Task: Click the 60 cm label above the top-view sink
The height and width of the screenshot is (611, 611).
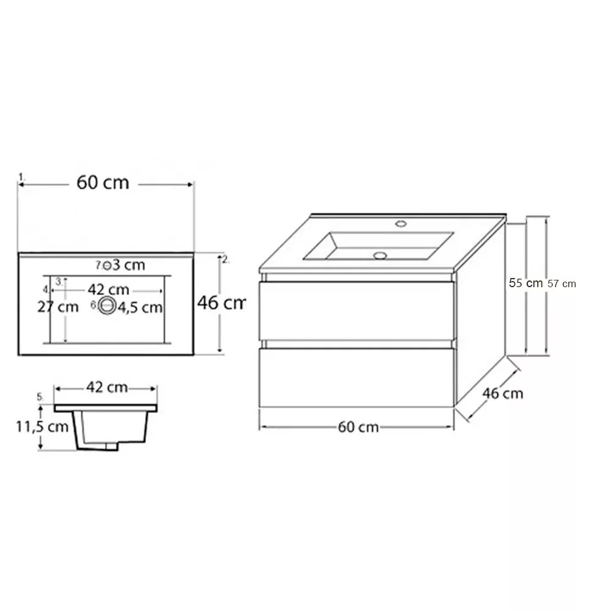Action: click(x=103, y=182)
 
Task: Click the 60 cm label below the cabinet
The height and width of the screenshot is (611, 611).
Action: click(x=358, y=427)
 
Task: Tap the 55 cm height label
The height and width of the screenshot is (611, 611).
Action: click(x=525, y=283)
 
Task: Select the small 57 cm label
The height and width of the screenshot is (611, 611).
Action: click(x=562, y=284)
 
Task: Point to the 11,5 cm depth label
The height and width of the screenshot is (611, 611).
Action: click(x=42, y=426)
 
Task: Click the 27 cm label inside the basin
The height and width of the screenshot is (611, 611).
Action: click(x=57, y=307)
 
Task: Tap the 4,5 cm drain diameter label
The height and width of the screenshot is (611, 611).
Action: click(x=140, y=308)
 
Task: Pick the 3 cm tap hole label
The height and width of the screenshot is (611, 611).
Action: click(x=129, y=265)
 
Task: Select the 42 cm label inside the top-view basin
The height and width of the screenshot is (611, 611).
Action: click(x=108, y=290)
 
